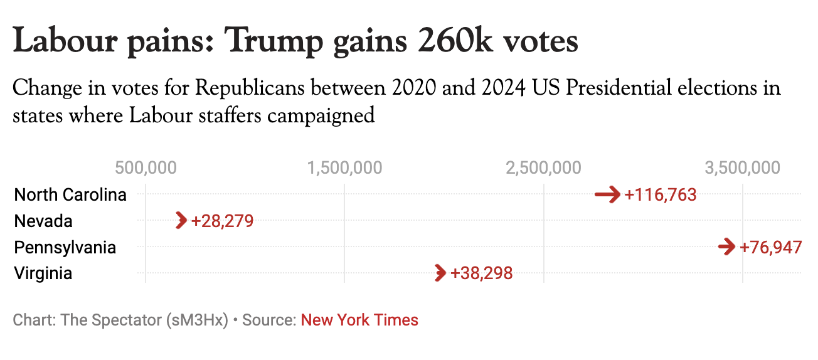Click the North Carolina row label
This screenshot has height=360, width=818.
point(70,195)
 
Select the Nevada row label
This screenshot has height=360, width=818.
point(43,221)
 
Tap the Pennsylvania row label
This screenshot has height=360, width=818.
point(65,247)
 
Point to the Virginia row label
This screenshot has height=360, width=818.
point(43,273)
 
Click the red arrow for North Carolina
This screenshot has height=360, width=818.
point(607,194)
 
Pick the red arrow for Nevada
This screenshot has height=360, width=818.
point(182,221)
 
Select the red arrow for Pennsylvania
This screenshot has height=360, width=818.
point(727,247)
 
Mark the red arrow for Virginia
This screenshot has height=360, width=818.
point(440,273)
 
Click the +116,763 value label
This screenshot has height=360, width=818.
point(661,195)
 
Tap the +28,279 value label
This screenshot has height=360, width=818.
point(223,221)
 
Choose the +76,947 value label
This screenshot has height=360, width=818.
point(771,247)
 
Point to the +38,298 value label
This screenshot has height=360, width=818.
point(482,273)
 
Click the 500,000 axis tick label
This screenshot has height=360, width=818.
point(146,168)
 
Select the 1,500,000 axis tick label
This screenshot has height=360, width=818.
point(344,168)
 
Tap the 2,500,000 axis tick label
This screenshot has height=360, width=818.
point(543,168)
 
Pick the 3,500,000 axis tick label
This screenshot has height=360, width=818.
point(743,168)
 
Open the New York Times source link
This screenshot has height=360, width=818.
point(359,320)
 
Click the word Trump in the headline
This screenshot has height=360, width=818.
point(274,41)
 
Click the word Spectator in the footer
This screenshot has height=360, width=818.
point(127,320)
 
